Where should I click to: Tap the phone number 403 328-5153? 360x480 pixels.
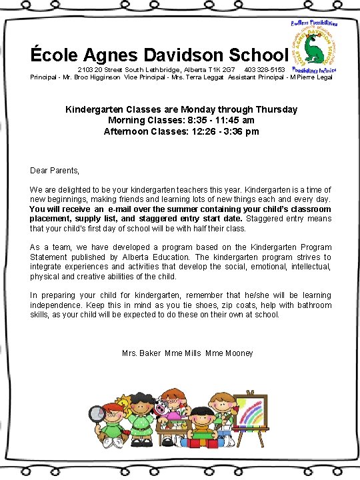(265, 69)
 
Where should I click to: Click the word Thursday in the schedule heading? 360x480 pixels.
(276, 109)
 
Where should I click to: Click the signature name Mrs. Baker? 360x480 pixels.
(141, 353)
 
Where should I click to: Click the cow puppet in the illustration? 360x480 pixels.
(162, 408)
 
